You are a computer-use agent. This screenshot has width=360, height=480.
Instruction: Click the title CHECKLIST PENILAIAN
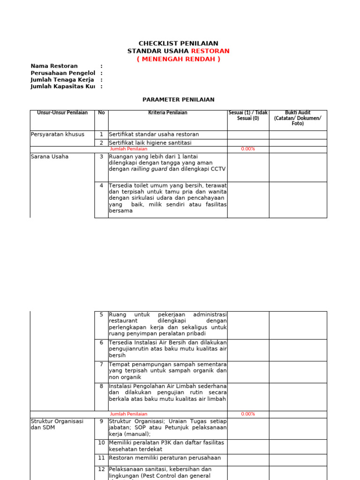(x=178, y=44)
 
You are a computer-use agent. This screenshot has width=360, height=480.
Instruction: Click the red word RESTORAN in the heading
(x=210, y=51)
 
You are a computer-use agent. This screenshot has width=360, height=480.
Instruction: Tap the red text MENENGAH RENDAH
(x=178, y=59)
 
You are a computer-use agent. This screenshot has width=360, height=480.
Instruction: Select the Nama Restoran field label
(x=54, y=66)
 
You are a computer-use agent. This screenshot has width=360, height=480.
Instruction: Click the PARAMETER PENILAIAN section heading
(x=178, y=100)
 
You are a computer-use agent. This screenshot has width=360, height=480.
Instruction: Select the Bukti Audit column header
(x=298, y=118)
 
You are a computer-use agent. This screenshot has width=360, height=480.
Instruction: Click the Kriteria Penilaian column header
(x=167, y=113)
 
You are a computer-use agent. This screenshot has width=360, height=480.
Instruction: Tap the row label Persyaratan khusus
(x=57, y=135)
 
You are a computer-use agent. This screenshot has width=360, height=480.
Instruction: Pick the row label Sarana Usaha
(x=49, y=157)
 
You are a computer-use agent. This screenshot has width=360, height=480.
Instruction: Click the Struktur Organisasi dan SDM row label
(x=57, y=424)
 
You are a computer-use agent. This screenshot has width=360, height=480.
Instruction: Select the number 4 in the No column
(x=101, y=186)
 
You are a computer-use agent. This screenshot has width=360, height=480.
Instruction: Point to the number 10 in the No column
(x=101, y=442)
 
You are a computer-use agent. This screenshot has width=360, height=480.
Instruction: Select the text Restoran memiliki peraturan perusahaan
(x=165, y=458)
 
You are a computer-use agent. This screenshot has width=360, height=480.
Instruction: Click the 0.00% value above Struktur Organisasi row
(x=248, y=414)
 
